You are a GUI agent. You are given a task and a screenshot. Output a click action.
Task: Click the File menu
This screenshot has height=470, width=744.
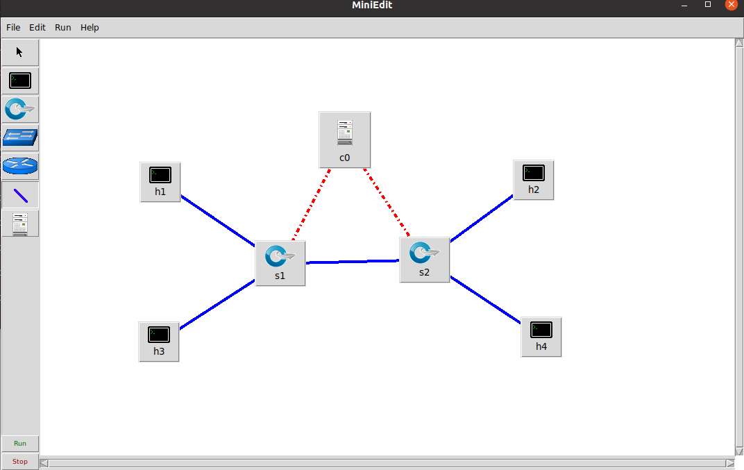(x=13, y=28)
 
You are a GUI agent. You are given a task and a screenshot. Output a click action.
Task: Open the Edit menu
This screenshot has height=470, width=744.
(x=37, y=28)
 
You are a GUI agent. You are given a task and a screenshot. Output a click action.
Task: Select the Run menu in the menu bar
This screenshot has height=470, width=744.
(x=63, y=28)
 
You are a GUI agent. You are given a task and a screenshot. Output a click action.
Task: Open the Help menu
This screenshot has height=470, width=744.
(x=90, y=28)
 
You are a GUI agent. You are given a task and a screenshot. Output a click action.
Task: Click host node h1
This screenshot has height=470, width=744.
(x=160, y=182)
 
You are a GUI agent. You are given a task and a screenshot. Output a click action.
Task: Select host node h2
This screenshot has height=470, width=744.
(x=533, y=180)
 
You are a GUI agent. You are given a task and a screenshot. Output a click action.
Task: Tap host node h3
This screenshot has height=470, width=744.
(x=159, y=341)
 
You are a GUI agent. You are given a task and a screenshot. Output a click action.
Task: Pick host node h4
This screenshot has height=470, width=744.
(x=541, y=337)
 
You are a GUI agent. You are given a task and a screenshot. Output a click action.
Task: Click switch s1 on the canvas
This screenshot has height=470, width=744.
(x=280, y=263)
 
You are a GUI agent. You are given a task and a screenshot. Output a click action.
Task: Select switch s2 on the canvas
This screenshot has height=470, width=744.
(x=424, y=260)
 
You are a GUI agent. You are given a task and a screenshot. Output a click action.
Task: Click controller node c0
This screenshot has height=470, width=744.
(x=345, y=140)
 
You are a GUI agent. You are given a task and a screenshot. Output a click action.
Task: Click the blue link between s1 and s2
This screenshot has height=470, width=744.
(x=353, y=262)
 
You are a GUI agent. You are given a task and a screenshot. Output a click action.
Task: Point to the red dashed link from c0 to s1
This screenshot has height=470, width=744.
(x=311, y=205)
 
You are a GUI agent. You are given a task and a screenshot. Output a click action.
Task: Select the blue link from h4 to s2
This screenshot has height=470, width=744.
(x=485, y=300)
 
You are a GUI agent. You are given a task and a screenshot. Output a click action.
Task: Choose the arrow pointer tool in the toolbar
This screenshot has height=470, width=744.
(x=20, y=52)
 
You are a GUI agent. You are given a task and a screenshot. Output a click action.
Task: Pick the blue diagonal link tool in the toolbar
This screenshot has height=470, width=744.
(x=20, y=195)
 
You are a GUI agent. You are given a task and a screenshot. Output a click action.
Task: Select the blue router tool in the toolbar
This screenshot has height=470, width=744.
(x=20, y=167)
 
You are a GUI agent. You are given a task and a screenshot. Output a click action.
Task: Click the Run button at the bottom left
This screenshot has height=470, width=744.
(x=20, y=443)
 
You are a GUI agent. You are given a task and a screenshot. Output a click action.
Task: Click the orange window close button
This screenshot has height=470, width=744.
(x=731, y=5)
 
